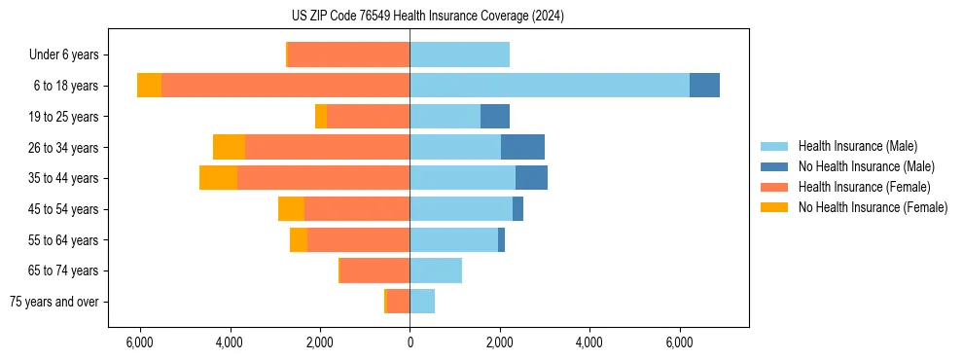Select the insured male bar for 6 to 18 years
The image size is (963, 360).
point(550,86)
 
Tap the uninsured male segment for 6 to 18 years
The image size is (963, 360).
point(704,86)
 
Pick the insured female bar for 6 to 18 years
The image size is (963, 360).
point(285,86)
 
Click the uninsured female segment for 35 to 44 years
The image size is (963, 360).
point(218,178)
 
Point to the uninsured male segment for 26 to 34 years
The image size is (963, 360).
point(522,147)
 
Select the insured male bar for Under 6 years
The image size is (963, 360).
point(459,54)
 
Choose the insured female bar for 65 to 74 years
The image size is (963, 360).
point(374,270)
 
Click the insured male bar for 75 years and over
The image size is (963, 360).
point(422,302)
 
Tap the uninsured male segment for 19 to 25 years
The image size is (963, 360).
point(495,117)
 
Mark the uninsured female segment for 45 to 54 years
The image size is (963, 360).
point(291,209)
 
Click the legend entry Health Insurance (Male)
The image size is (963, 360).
point(857,146)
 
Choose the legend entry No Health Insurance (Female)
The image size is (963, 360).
point(873,207)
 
